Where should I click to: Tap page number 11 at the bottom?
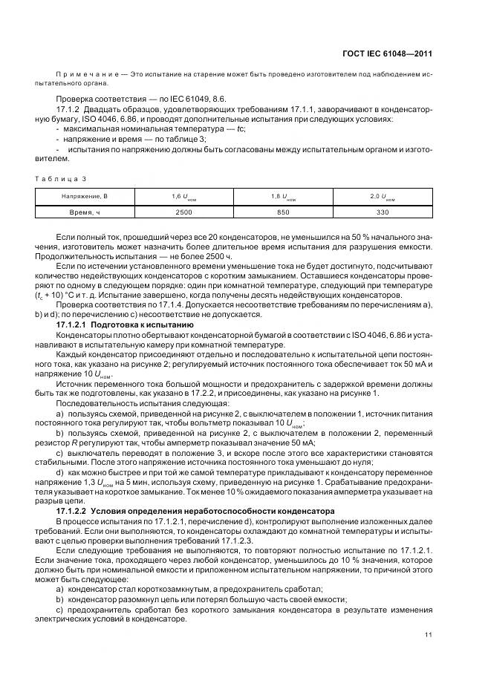coord(429,635)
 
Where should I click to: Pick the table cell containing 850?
coord(283,212)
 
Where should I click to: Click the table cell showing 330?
coord(383,212)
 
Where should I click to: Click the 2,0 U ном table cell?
coord(383,197)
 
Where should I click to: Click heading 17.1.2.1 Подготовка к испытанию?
coord(126,325)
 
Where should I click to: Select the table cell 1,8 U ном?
coord(283,197)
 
